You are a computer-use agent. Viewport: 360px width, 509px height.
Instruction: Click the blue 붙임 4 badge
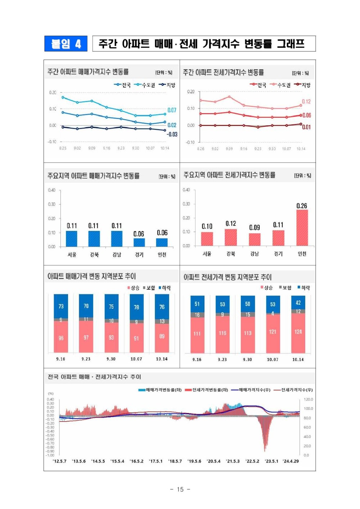66,44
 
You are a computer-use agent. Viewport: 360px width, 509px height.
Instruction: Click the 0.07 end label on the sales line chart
172,110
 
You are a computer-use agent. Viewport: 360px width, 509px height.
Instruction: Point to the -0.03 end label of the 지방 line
172,134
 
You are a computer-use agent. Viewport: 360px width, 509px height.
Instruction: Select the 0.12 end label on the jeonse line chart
306,102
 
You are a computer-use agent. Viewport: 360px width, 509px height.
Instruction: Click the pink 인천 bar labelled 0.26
302,228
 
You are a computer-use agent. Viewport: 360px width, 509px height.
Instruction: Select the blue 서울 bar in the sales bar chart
72,238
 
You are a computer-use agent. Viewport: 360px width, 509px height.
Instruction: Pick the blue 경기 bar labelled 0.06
139,242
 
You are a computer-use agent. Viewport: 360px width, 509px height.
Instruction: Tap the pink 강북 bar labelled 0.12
231,237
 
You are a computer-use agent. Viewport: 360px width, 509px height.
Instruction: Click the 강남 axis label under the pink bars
255,254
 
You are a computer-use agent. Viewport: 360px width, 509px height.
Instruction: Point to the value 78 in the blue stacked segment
136,307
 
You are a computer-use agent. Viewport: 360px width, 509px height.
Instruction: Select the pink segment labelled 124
298,332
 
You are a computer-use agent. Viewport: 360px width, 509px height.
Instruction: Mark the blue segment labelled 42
298,303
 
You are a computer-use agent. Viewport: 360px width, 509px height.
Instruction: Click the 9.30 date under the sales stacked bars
111,359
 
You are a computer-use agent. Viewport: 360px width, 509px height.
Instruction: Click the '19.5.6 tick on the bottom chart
194,461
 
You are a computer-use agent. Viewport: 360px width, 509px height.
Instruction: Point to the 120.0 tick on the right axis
308,399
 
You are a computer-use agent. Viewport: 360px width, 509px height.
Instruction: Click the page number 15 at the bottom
180,489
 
